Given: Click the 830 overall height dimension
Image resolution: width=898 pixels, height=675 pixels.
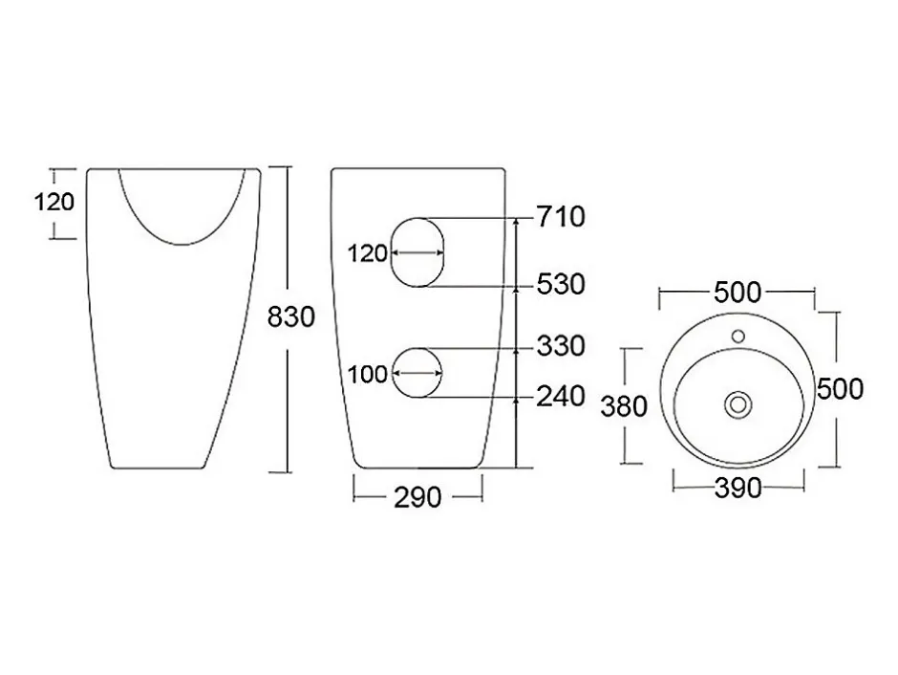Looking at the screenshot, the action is click(x=291, y=316).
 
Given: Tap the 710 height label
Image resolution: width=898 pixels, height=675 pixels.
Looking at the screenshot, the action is click(x=561, y=217).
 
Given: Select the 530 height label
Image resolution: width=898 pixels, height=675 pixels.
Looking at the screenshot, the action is click(x=561, y=284).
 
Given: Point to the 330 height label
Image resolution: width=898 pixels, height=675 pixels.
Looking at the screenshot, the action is click(x=561, y=346).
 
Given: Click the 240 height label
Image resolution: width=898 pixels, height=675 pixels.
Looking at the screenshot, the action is click(x=561, y=397).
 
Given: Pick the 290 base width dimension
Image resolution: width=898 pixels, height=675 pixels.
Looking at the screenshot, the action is click(x=417, y=497).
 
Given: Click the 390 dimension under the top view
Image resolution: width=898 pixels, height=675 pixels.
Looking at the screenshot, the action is click(x=738, y=489).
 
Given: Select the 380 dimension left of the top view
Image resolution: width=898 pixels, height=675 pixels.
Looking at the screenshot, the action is click(x=624, y=406).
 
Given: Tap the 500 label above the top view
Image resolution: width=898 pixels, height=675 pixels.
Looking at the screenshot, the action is click(x=738, y=293).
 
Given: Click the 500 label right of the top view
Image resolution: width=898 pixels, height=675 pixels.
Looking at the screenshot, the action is click(x=840, y=389).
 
